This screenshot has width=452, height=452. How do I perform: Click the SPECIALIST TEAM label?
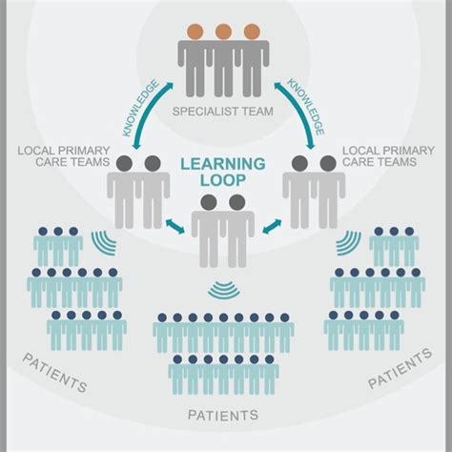223,112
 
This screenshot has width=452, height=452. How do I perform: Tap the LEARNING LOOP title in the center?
223,172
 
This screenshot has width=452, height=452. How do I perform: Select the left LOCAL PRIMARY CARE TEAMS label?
64,156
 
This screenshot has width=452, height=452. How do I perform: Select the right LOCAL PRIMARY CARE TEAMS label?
388,156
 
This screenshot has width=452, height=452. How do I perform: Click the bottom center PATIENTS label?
223,415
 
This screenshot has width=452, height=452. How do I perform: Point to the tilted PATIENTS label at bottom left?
55,373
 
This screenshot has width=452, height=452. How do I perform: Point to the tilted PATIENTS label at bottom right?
400,368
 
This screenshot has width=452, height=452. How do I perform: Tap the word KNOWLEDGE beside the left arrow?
140,108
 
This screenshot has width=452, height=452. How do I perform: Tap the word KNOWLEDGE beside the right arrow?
306,107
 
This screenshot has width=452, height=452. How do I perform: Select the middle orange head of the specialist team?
223,31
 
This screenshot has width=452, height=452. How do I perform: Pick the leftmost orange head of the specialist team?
195,31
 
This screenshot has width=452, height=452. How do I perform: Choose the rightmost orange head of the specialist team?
252,31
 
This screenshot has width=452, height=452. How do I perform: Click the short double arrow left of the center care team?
175,226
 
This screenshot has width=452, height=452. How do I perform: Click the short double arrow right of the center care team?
272,226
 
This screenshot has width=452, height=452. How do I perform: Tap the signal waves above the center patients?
223,291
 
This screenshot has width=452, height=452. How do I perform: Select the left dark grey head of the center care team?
209,202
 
